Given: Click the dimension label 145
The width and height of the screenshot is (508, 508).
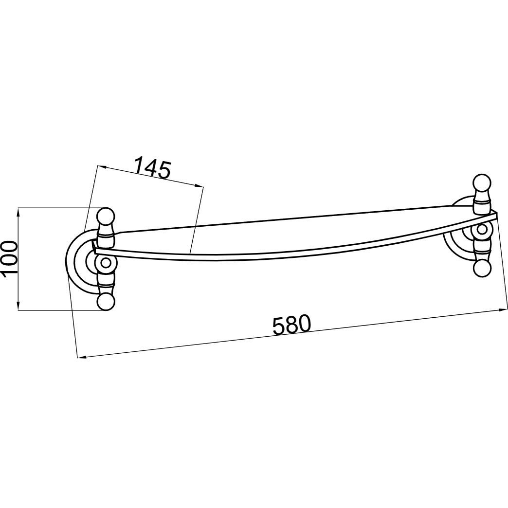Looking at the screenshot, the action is click(152, 167).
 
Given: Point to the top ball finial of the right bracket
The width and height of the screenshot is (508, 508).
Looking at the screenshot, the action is click(482, 183).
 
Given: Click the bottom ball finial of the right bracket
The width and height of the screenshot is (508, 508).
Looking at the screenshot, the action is click(482, 268).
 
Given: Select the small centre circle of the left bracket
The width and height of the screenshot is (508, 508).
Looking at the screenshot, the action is click(105, 263).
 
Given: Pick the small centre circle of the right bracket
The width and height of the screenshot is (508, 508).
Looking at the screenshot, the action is click(482, 229).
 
